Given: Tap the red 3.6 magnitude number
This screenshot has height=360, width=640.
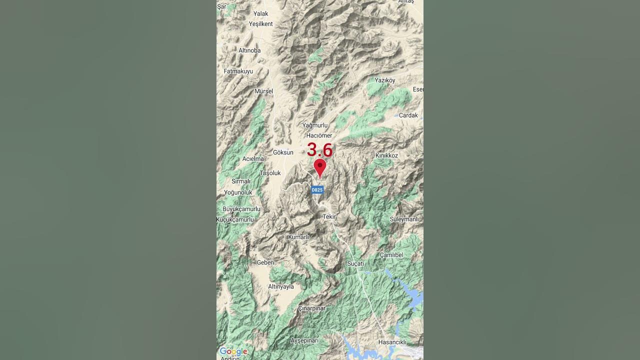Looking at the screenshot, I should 319,149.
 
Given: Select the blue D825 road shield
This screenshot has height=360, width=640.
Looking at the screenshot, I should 317,190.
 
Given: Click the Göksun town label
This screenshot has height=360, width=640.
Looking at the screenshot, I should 283,152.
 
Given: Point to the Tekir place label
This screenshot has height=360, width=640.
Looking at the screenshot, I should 329,216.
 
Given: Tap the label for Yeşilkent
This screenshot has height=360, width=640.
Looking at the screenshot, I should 261,24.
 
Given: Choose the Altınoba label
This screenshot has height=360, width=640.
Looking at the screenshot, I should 249,50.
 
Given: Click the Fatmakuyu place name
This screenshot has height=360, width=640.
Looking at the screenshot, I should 238,71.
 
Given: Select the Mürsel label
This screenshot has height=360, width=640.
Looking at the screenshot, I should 264,91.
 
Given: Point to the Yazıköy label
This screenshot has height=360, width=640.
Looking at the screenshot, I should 385,80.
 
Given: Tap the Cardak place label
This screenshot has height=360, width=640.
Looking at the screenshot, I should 408,115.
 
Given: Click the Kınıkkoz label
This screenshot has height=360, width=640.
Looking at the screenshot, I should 386,155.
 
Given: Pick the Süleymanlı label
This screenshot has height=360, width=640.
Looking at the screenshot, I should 404,219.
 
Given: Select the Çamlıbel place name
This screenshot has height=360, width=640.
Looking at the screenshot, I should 391,255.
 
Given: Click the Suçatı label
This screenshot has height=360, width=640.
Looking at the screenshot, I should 355,263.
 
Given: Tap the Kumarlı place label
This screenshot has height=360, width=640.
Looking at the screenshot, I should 298,237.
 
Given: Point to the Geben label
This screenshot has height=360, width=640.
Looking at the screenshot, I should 265,262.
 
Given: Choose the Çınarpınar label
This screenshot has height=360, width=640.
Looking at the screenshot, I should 311,308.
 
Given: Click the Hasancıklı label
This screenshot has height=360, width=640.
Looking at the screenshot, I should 392,342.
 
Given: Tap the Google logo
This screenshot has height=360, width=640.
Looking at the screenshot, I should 233,351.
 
